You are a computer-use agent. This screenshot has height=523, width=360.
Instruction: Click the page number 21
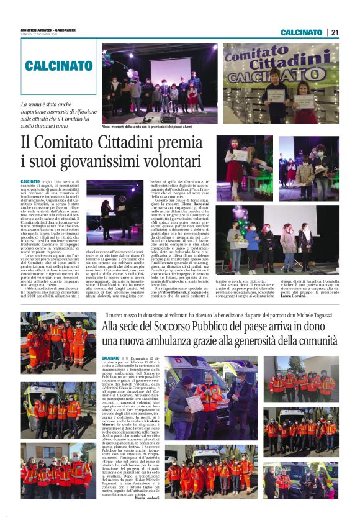click(x=335, y=32)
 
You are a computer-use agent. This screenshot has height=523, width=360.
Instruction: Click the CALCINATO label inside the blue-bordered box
click(x=59, y=65)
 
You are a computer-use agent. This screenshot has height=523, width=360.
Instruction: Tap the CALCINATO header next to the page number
click(x=301, y=32)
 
